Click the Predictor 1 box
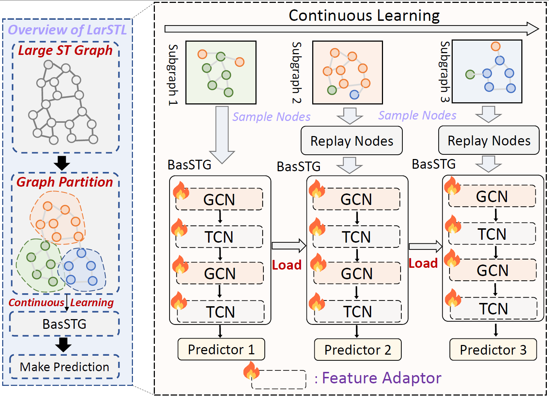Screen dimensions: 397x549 (221, 349)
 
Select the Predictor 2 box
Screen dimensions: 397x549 (357, 350)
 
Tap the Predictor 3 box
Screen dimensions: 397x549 (493, 350)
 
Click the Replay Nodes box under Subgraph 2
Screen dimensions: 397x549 (351, 141)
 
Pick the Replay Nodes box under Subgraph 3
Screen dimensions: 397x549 (489, 140)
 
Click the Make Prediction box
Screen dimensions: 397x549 (64, 367)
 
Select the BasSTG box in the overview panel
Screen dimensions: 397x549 (64, 324)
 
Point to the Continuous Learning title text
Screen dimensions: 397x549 (364, 15)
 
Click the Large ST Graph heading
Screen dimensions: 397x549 (65, 50)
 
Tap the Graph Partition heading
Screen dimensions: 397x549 (65, 182)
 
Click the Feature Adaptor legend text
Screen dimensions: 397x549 (382, 378)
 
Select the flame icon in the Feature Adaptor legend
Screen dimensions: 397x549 (251, 370)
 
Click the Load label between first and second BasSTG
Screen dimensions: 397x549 (286, 265)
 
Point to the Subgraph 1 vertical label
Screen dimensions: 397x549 (173, 74)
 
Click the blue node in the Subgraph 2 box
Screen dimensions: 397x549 (354, 94)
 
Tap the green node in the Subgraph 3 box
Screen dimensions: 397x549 (470, 75)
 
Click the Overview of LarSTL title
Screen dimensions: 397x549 (67, 30)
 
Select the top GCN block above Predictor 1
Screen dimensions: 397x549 (219, 199)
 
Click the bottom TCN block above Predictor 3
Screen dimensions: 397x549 (493, 309)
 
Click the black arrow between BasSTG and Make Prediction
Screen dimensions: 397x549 (63, 345)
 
